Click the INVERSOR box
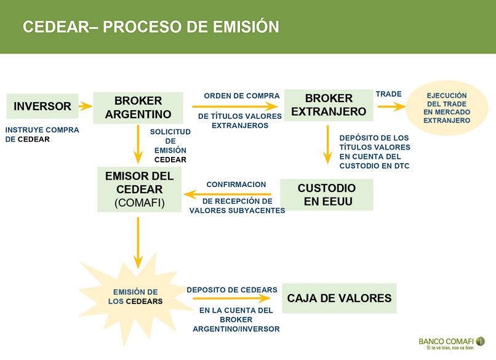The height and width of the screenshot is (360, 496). (x=42, y=106)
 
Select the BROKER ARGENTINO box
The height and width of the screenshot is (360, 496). (x=138, y=108)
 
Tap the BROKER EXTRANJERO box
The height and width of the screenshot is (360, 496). (x=329, y=105)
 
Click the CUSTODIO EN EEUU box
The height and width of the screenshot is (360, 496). (x=327, y=194)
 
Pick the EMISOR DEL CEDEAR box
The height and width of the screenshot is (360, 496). (x=139, y=189)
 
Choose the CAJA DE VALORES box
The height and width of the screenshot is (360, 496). (x=339, y=298)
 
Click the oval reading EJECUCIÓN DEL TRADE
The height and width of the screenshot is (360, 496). (x=447, y=108)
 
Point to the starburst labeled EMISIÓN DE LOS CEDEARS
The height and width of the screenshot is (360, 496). (x=135, y=297)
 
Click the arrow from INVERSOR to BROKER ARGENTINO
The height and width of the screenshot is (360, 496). (x=86, y=106)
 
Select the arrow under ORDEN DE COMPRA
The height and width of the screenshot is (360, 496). (x=235, y=106)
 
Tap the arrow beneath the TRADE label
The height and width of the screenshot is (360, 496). (x=391, y=106)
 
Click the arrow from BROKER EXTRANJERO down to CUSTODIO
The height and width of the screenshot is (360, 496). (x=328, y=144)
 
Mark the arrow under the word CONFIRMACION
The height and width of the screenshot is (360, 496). (x=227, y=194)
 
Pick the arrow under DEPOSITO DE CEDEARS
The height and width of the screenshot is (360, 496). (x=232, y=298)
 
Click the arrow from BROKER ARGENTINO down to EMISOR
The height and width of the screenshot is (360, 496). (x=138, y=144)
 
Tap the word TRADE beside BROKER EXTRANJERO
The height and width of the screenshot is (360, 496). (x=389, y=94)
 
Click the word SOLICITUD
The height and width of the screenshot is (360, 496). (x=170, y=132)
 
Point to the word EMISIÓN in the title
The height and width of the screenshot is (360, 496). (x=246, y=26)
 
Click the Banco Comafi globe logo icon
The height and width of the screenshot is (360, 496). (x=480, y=342)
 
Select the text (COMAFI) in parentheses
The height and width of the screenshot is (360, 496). (x=140, y=203)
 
